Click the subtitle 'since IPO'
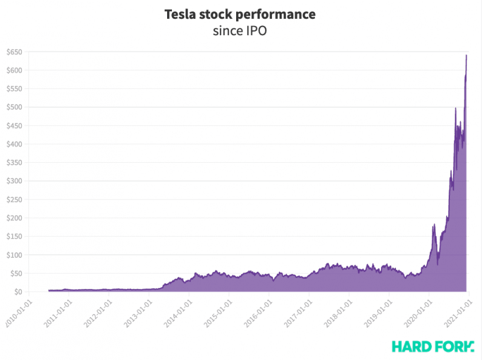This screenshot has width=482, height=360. pyautogui.click(x=240, y=31)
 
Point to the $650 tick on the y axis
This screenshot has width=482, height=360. pyautogui.click(x=15, y=52)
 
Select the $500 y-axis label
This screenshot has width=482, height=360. pyautogui.click(x=15, y=107)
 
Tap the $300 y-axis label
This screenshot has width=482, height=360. pyautogui.click(x=15, y=181)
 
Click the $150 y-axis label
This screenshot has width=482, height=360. pyautogui.click(x=15, y=237)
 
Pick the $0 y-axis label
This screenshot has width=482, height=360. pyautogui.click(x=18, y=292)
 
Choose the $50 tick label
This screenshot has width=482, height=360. pyautogui.click(x=16, y=273)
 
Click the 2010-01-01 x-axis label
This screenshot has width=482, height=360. pyautogui.click(x=18, y=312)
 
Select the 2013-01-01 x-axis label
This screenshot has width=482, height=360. pyautogui.click(x=138, y=312)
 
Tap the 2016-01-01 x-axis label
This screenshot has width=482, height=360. pyautogui.click(x=258, y=312)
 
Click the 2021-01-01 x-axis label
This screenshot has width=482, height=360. pyautogui.click(x=458, y=312)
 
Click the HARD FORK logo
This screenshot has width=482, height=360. pyautogui.click(x=432, y=346)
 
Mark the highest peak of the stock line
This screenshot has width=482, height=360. pyautogui.click(x=466, y=55)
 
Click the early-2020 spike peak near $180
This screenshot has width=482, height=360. pyautogui.click(x=434, y=225)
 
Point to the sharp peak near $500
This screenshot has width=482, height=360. pyautogui.click(x=455, y=108)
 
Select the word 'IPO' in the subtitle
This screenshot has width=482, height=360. pyautogui.click(x=256, y=31)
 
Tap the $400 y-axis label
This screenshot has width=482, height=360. pyautogui.click(x=15, y=144)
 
